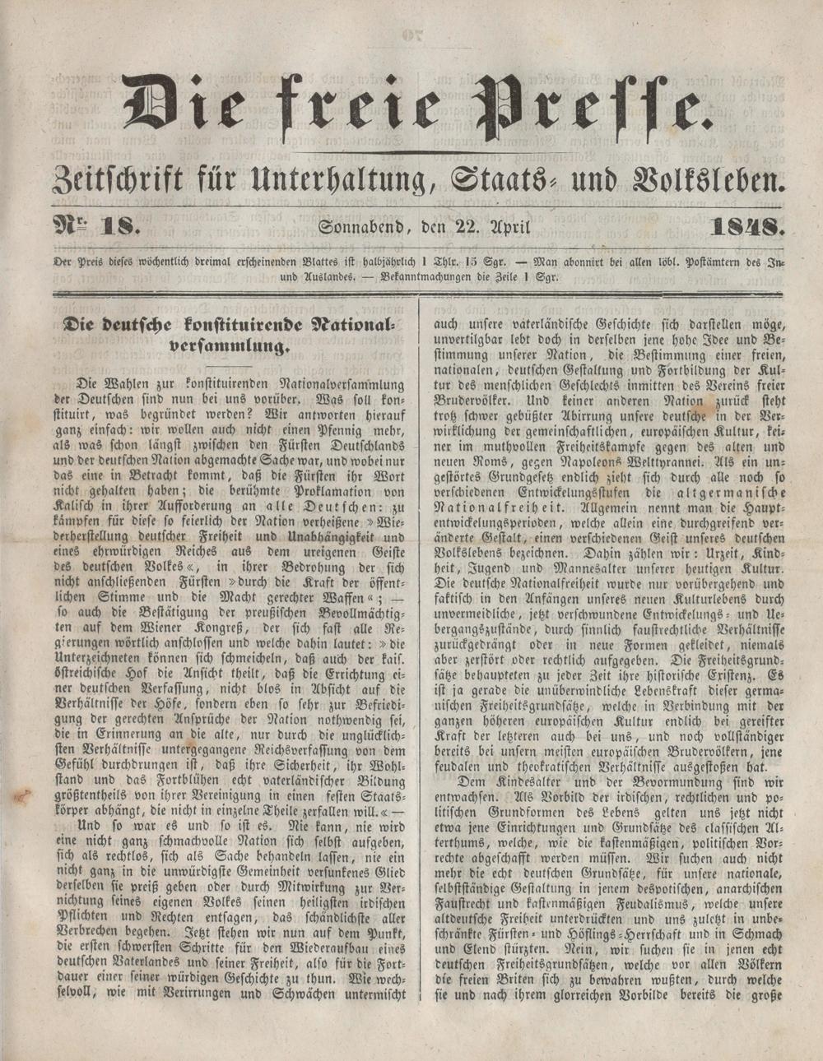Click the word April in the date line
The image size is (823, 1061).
click(x=510, y=225)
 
